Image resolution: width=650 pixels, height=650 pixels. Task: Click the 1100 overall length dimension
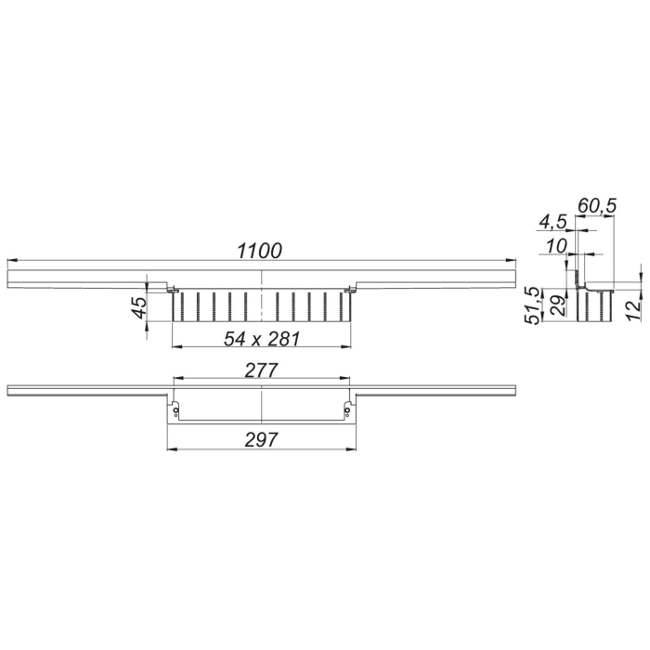click(x=259, y=250)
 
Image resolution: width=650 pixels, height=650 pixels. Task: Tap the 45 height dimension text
click(x=138, y=308)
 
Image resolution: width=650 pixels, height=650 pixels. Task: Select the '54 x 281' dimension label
click(x=262, y=339)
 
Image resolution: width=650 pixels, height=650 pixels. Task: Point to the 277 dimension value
click(x=263, y=370)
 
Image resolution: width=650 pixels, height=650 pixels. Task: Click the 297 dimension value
click(x=263, y=440)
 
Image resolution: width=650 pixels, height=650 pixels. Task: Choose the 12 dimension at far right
click(x=631, y=308)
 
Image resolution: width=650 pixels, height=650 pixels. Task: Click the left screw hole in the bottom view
click(x=176, y=410)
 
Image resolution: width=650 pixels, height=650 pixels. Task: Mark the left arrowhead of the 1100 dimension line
click(x=10, y=261)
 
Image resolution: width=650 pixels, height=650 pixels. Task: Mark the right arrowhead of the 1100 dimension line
click(x=513, y=261)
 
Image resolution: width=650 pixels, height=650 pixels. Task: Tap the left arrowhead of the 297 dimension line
click(x=170, y=450)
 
